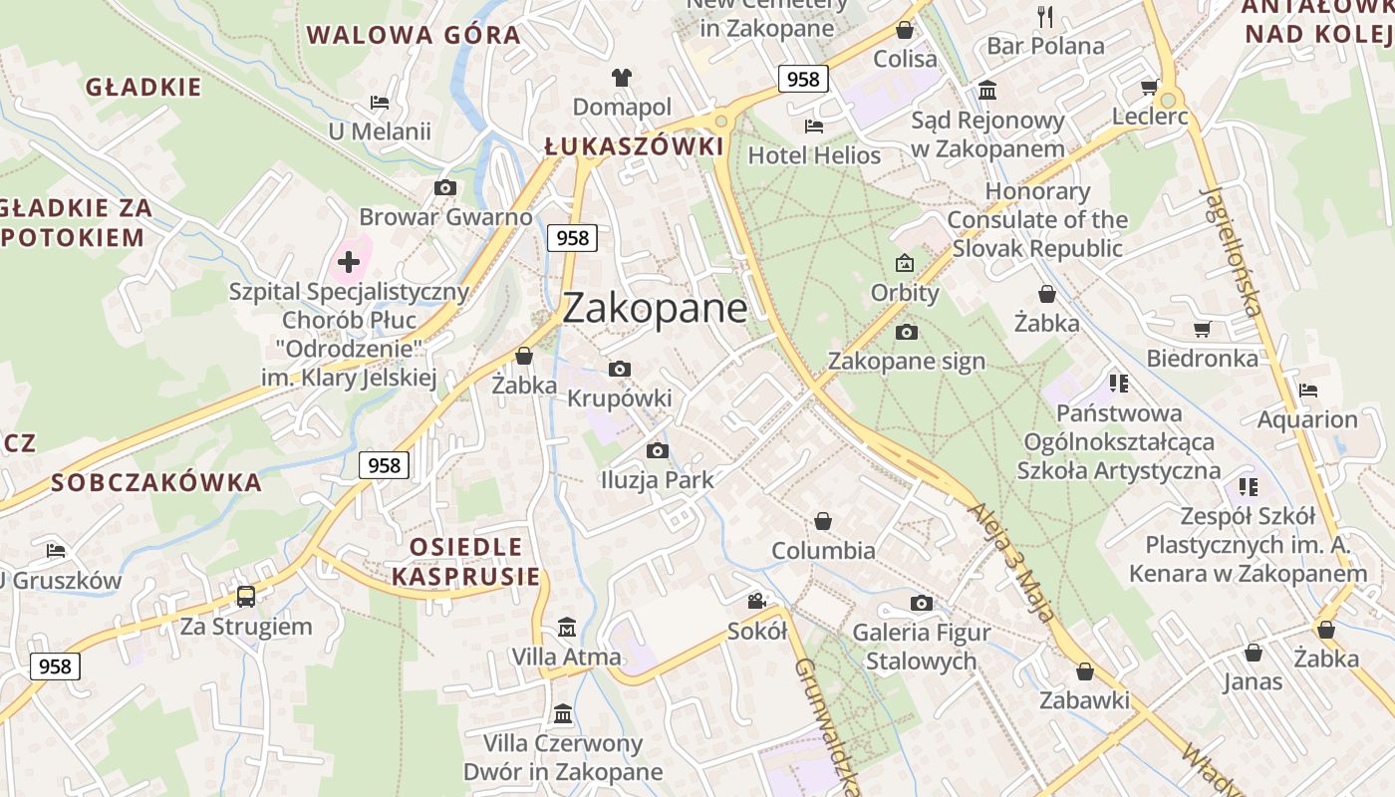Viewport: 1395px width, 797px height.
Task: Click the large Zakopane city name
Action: pyautogui.click(x=655, y=308)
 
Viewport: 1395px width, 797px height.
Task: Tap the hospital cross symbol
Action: pyautogui.click(x=349, y=262)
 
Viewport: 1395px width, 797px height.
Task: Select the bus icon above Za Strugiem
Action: pyautogui.click(x=245, y=597)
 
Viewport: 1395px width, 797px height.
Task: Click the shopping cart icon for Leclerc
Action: pyautogui.click(x=1149, y=88)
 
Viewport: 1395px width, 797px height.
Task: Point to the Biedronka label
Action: pyautogui.click(x=1202, y=359)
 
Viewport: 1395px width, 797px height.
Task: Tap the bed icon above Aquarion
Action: pyautogui.click(x=1307, y=391)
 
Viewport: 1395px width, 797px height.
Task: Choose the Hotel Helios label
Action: pyautogui.click(x=814, y=155)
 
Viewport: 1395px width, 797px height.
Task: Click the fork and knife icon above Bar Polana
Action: pyautogui.click(x=1045, y=16)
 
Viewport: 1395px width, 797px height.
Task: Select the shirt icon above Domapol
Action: pyautogui.click(x=622, y=78)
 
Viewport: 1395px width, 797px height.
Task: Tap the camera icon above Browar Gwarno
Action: pyautogui.click(x=445, y=187)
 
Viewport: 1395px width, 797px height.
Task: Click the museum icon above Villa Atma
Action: pyautogui.click(x=567, y=628)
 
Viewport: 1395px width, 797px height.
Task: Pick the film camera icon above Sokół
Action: pyautogui.click(x=757, y=601)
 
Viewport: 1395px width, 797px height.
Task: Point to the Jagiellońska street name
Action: pyautogui.click(x=1233, y=249)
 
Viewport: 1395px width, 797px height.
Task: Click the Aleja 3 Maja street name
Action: pyautogui.click(x=1011, y=561)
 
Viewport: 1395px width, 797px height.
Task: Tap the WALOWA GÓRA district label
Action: pyautogui.click(x=414, y=36)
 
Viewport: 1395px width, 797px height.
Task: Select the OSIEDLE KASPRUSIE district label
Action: pyautogui.click(x=465, y=561)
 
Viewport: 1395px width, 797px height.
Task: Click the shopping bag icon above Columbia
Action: pyautogui.click(x=823, y=521)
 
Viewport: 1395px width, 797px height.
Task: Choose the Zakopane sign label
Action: pyautogui.click(x=906, y=361)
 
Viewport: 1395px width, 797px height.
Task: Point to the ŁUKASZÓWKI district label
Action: pyautogui.click(x=634, y=146)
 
